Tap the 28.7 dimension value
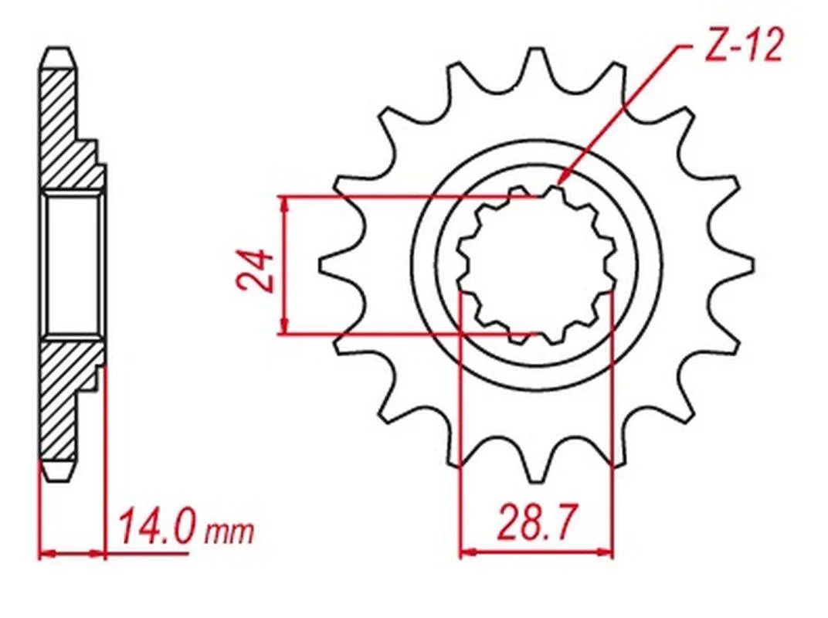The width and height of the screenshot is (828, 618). [x=535, y=521]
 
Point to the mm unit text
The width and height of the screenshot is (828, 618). [x=229, y=532]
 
